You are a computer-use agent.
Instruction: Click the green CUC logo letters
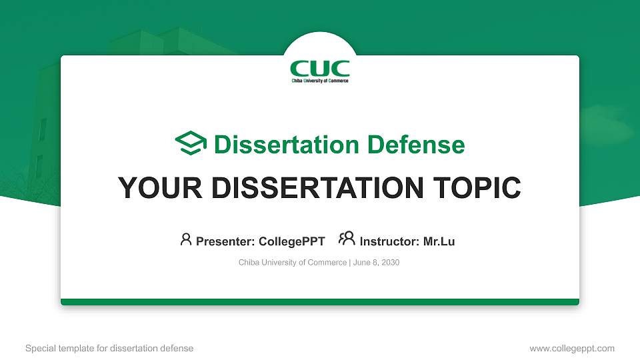tap(320, 68)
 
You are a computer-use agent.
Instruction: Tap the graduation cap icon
tap(191, 143)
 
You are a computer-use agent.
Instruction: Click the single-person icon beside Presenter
tap(186, 239)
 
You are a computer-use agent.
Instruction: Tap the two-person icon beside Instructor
tap(347, 239)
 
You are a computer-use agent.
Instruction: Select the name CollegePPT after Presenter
tap(292, 241)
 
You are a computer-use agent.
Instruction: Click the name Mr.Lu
tap(439, 241)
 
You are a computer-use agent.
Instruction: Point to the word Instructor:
tap(389, 241)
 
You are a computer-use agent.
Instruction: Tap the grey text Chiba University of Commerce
tap(293, 263)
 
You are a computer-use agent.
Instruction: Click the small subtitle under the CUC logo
tap(320, 81)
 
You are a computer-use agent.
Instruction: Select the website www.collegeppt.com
tap(571, 348)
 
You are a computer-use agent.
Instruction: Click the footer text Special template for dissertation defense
tap(109, 348)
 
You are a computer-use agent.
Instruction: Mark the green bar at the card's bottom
tap(320, 302)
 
